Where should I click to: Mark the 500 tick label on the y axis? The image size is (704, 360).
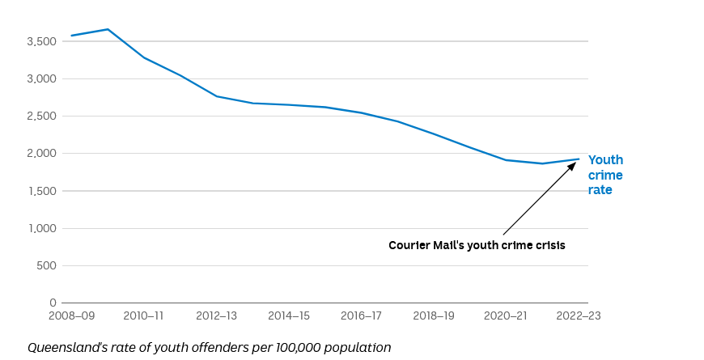coord(47,265)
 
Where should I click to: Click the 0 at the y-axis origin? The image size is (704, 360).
coord(53,303)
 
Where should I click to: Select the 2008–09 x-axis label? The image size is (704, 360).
coord(73,316)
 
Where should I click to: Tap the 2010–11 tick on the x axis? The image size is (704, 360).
coord(144,316)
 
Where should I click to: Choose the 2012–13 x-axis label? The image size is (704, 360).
coord(216,316)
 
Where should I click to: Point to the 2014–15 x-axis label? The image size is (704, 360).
coord(289,316)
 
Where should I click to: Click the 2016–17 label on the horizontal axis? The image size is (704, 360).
coord(361,316)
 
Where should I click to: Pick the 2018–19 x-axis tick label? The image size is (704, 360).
coord(434,316)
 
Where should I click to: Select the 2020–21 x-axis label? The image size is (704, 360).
coord(506,316)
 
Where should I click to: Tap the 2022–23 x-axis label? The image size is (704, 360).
coord(578,316)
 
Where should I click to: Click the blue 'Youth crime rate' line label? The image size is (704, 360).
coord(605,175)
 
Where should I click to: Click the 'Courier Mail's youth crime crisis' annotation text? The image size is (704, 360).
coord(477,245)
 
